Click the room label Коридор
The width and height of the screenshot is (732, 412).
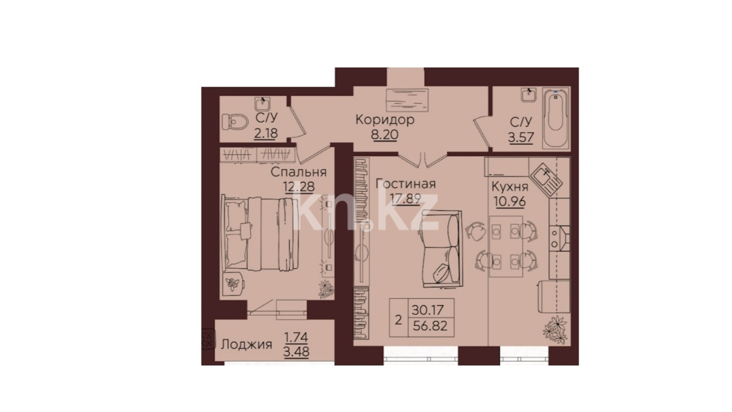(x=385, y=120)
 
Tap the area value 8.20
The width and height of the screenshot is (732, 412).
(x=384, y=135)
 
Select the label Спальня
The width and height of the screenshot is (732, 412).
(x=299, y=172)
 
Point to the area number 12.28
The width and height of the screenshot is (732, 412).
(x=299, y=187)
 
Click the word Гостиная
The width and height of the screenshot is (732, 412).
(x=405, y=184)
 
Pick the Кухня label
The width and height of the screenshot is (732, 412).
(x=510, y=187)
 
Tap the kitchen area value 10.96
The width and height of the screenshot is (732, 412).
(x=510, y=201)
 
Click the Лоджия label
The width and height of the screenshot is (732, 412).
(x=247, y=345)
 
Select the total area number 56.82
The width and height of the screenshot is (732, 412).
(x=430, y=326)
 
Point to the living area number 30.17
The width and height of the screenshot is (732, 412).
(x=427, y=309)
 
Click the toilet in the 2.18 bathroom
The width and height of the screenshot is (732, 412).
(x=235, y=122)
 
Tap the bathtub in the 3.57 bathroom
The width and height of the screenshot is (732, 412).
(x=556, y=119)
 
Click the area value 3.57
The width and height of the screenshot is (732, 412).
(x=521, y=137)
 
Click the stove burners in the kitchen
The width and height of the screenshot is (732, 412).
(x=555, y=239)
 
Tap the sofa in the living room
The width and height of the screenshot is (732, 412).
(x=441, y=249)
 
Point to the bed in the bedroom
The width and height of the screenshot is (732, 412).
(x=260, y=233)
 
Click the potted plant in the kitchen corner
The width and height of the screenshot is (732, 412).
(x=555, y=330)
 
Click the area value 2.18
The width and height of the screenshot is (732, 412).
(x=266, y=133)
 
